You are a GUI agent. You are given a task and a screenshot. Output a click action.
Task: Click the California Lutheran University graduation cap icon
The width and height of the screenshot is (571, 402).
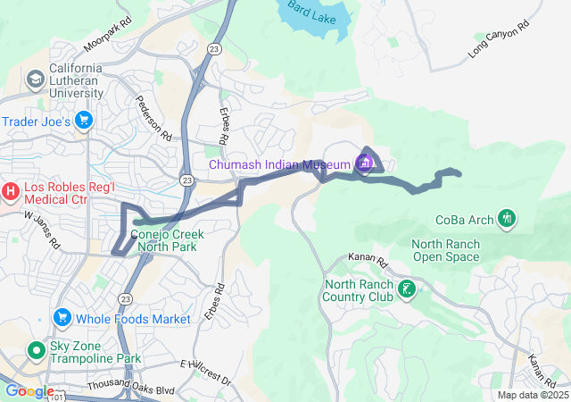[x=37, y=80]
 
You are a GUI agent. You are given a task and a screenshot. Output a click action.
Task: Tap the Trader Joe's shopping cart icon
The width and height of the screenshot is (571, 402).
[x=84, y=121]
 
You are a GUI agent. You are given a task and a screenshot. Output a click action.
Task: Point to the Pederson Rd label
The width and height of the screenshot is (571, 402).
[x=153, y=118]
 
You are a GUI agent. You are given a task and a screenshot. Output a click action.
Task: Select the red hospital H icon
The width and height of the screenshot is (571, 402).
[x=11, y=189]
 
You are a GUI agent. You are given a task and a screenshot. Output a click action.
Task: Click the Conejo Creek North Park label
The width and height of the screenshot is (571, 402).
[x=168, y=240]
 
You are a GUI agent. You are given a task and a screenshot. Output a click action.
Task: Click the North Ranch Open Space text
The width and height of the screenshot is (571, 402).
[x=445, y=251]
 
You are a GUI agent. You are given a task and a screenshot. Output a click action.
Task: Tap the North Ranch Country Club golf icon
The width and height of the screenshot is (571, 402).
[x=407, y=289]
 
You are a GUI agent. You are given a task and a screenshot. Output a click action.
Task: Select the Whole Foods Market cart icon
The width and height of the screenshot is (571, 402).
[x=62, y=318]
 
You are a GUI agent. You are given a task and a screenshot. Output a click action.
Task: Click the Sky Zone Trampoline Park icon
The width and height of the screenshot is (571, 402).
[x=37, y=350]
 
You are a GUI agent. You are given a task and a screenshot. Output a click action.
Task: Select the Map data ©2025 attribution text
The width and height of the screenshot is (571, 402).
[x=532, y=395]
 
